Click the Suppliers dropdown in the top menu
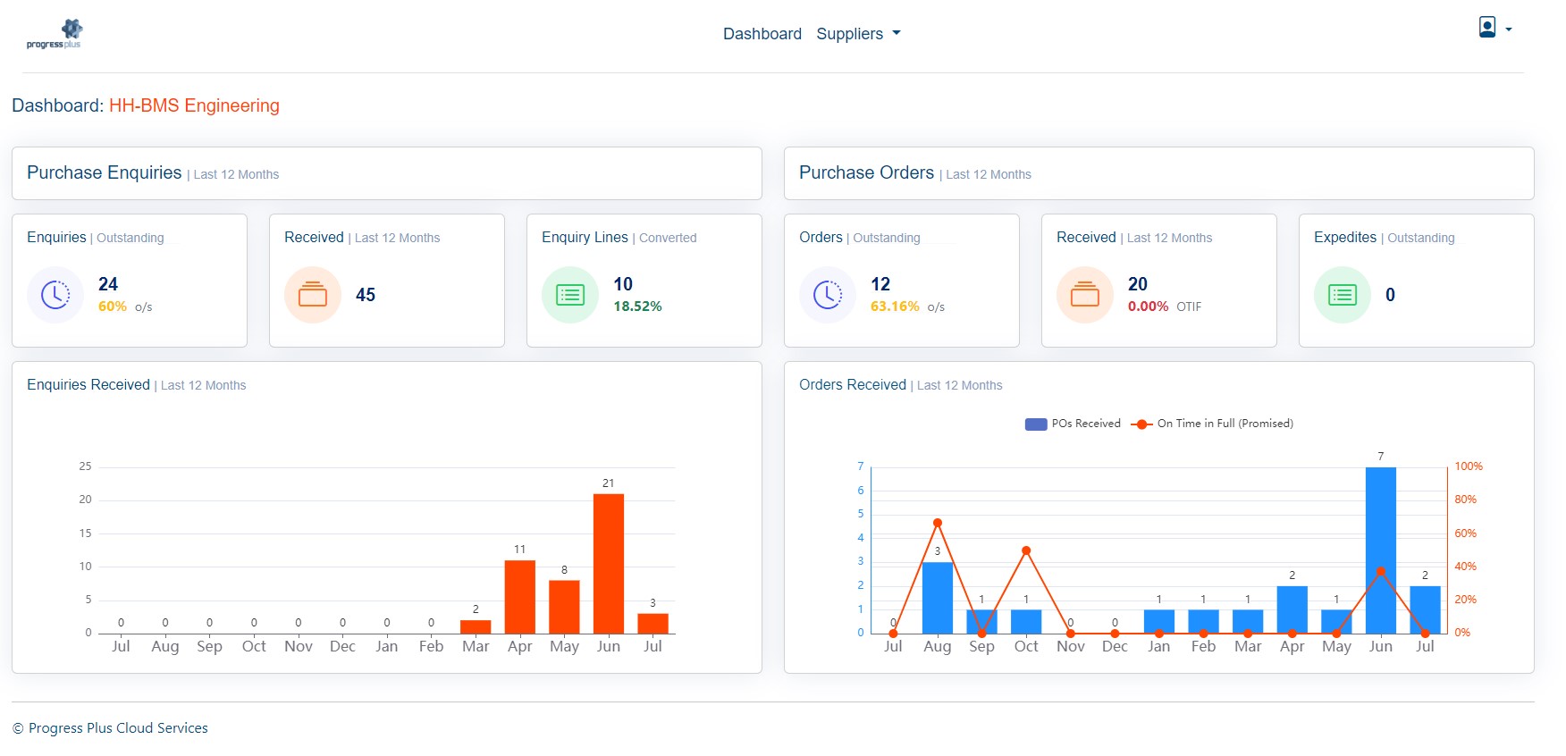coord(857,34)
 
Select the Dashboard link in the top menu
coord(762,34)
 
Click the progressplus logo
coord(55,34)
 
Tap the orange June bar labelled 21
coord(608,563)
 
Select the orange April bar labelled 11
coord(519,596)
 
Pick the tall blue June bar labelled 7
coord(1380,550)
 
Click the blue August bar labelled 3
coord(937,597)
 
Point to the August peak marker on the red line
coord(937,523)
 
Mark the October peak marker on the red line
coord(1026,550)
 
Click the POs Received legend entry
coord(1073,424)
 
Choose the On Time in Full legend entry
coord(1213,424)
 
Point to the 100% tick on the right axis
coord(1468,466)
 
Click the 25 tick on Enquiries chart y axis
coord(85,466)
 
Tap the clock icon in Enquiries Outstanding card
coord(55,295)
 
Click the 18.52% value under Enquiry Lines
coord(637,307)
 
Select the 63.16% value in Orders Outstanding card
coord(895,307)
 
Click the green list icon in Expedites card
coord(1342,295)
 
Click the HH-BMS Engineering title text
coord(194,105)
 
